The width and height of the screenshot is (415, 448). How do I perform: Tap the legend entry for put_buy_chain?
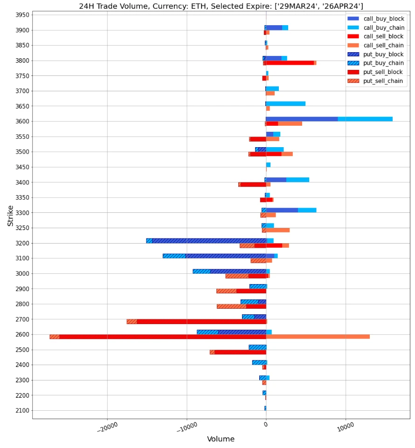(383, 63)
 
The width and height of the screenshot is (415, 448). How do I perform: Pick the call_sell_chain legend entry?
(383, 46)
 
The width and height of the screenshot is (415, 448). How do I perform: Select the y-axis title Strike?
(10, 216)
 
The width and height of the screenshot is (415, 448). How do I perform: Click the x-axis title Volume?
(221, 439)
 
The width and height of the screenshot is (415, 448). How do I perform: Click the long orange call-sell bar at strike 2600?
(318, 337)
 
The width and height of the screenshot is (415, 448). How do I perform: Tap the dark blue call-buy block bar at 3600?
(302, 119)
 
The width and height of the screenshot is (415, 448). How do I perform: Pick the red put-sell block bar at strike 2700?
(201, 321)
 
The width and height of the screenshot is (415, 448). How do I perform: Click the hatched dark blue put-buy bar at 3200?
(209, 241)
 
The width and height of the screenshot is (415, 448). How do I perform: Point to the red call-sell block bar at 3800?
(290, 63)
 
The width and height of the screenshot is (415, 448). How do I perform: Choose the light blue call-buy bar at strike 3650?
(286, 104)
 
